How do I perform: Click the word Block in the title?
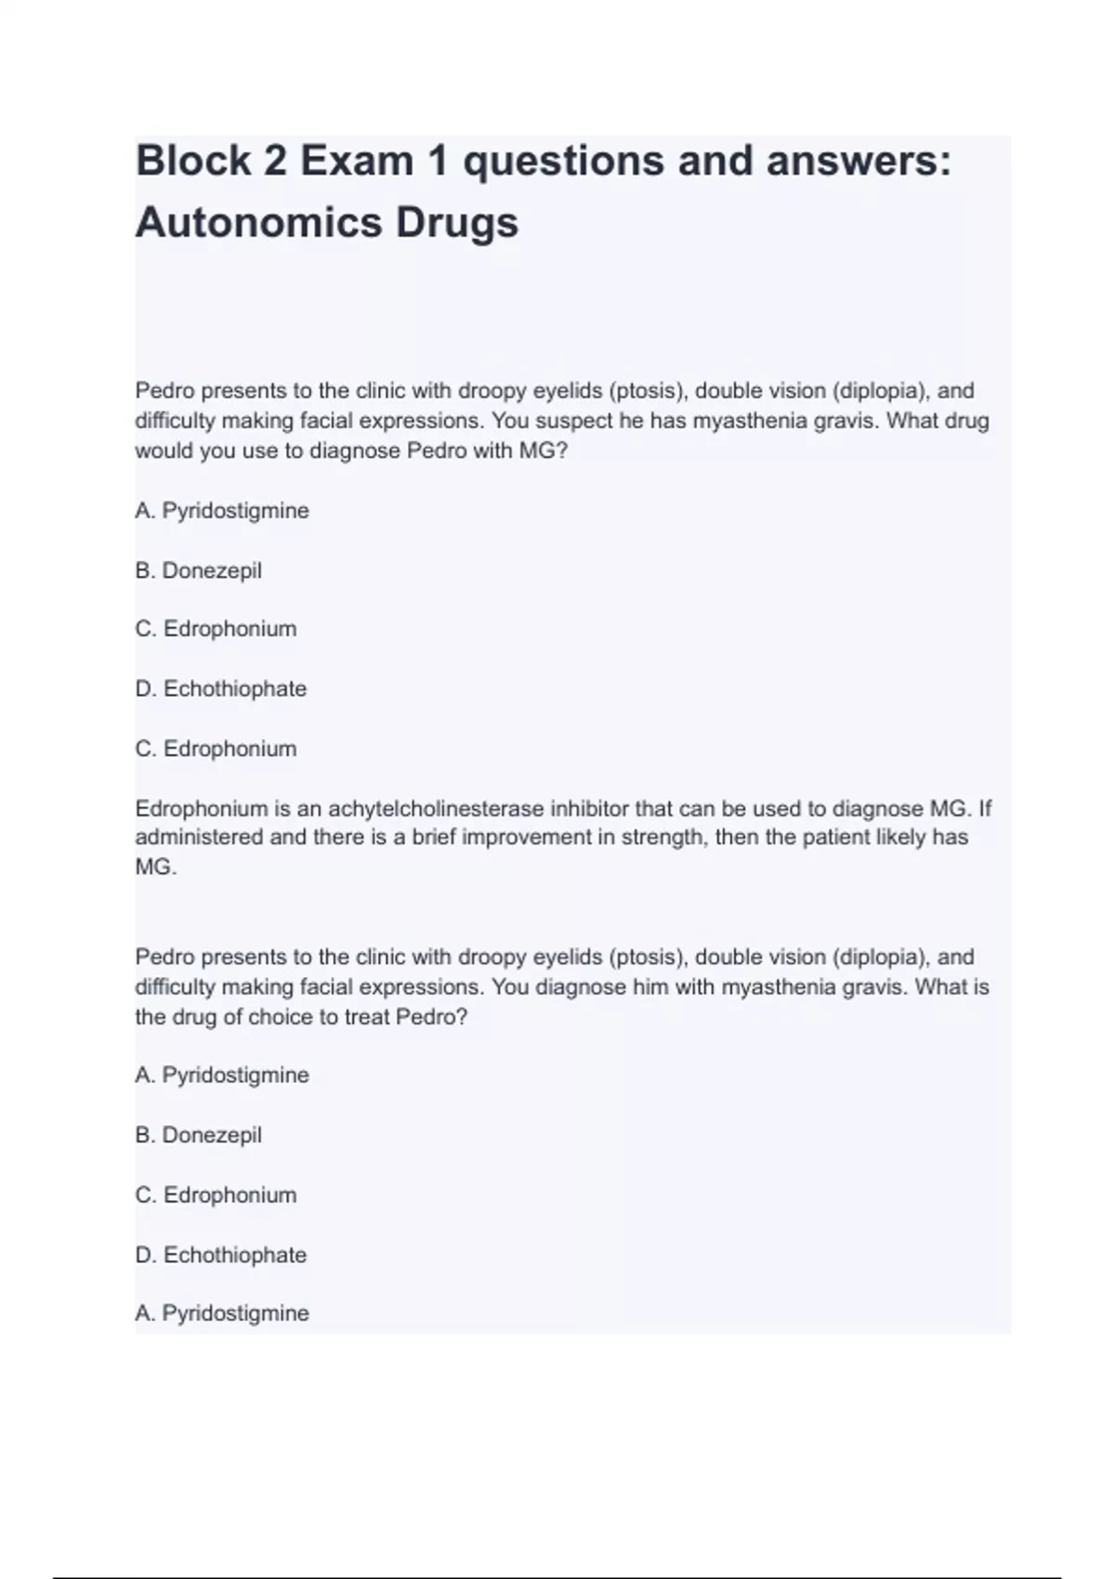192,161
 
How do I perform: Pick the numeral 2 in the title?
275,161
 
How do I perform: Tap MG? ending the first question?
544,451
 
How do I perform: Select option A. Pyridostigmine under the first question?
222,511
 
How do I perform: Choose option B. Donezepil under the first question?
198,570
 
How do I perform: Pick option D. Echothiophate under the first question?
220,689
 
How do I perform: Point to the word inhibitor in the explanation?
589,809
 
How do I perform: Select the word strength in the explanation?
663,838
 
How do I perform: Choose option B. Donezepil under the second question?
198,1135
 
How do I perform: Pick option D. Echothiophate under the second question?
220,1255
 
